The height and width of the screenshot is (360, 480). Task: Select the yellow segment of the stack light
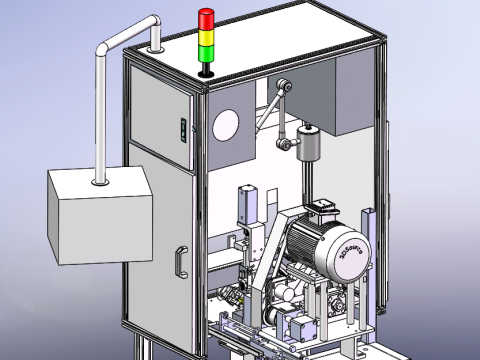(x=206, y=37)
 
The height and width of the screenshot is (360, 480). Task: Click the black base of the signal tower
(x=206, y=70)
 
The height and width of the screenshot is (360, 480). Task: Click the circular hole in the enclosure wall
(x=226, y=125)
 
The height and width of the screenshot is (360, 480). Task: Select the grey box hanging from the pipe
(x=100, y=215)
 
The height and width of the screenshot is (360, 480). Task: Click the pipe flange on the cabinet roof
(x=156, y=46)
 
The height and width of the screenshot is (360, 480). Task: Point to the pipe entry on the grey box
(x=100, y=181)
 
